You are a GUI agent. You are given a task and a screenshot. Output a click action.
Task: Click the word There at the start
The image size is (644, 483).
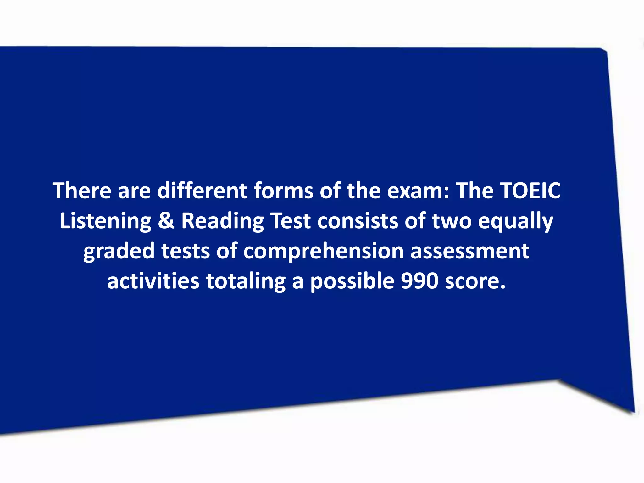click(82, 191)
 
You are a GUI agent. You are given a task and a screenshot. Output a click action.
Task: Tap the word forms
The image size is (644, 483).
click(283, 191)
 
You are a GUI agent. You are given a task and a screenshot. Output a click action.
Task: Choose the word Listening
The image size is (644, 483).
click(106, 221)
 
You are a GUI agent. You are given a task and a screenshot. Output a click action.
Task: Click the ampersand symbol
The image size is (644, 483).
click(166, 221)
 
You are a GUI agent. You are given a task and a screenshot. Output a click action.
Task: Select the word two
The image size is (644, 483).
click(452, 221)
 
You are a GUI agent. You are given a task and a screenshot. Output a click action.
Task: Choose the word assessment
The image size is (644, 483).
click(470, 251)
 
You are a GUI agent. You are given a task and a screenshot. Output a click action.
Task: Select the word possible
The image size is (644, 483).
click(352, 281)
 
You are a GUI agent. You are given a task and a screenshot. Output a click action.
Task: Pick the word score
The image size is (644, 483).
click(475, 281)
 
